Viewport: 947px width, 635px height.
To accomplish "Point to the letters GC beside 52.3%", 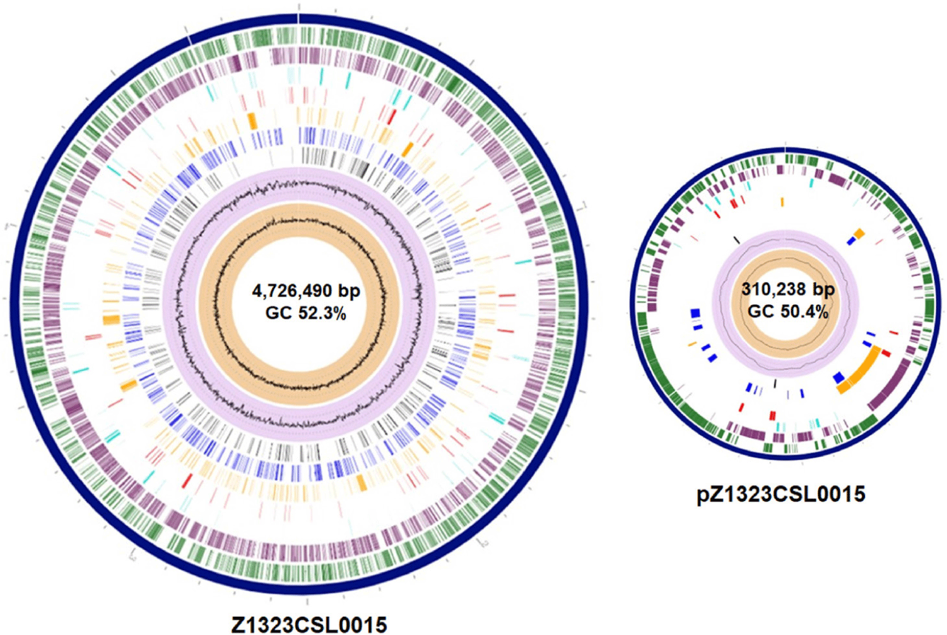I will (x=278, y=312).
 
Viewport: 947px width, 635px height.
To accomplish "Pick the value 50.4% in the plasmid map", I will (x=802, y=311).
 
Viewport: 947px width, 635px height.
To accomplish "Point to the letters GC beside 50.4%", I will (x=761, y=311).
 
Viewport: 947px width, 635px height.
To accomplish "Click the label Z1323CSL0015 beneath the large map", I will (x=309, y=624).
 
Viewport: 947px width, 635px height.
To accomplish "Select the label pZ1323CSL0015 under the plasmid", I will (x=780, y=494).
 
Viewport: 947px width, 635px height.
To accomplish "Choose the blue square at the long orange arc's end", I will (x=839, y=378).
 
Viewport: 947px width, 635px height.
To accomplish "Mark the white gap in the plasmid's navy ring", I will (x=785, y=149).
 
